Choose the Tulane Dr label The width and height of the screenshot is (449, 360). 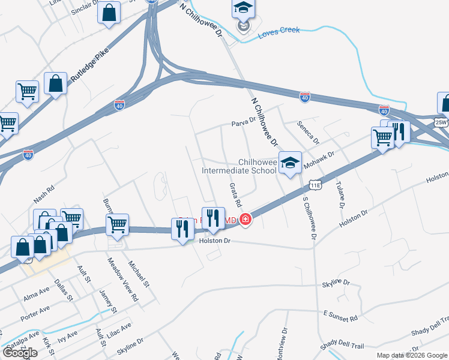340,194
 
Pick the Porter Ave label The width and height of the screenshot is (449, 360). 34,313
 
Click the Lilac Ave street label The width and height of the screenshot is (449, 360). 121,330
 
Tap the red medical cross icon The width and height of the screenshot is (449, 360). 245,220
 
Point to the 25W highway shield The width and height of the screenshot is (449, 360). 441,122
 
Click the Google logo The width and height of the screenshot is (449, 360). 20,353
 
